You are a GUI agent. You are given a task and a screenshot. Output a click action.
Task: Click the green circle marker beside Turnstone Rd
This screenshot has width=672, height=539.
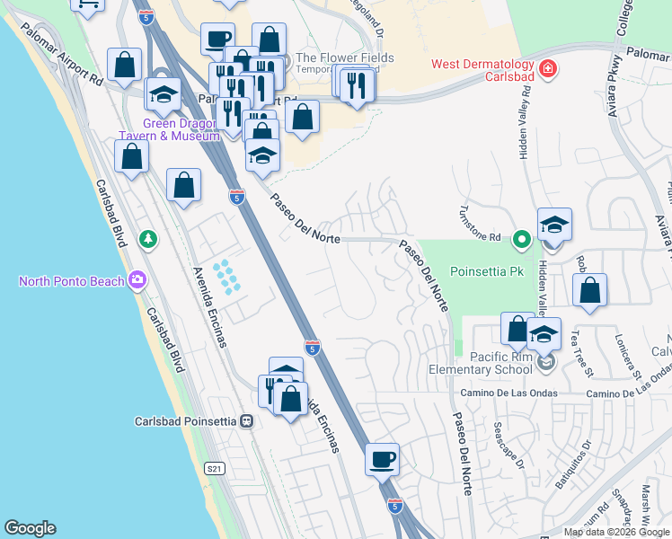pyautogui.click(x=520, y=240)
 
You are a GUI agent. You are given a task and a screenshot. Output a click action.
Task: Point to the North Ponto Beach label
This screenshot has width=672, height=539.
pyautogui.click(x=71, y=281)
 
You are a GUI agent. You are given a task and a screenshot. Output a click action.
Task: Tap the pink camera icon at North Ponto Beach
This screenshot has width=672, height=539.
pyautogui.click(x=137, y=280)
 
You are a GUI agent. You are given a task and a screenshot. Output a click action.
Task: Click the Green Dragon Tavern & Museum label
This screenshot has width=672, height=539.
pyautogui.click(x=169, y=130)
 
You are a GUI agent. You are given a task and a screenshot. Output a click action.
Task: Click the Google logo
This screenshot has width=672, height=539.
pyautogui.click(x=30, y=528)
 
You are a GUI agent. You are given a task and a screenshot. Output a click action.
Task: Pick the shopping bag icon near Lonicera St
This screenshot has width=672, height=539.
pyautogui.click(x=589, y=291)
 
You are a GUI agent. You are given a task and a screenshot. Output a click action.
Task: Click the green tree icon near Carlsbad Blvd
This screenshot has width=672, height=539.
pyautogui.click(x=148, y=239)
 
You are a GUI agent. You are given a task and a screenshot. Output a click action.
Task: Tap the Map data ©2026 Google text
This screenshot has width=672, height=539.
pyautogui.click(x=616, y=532)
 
